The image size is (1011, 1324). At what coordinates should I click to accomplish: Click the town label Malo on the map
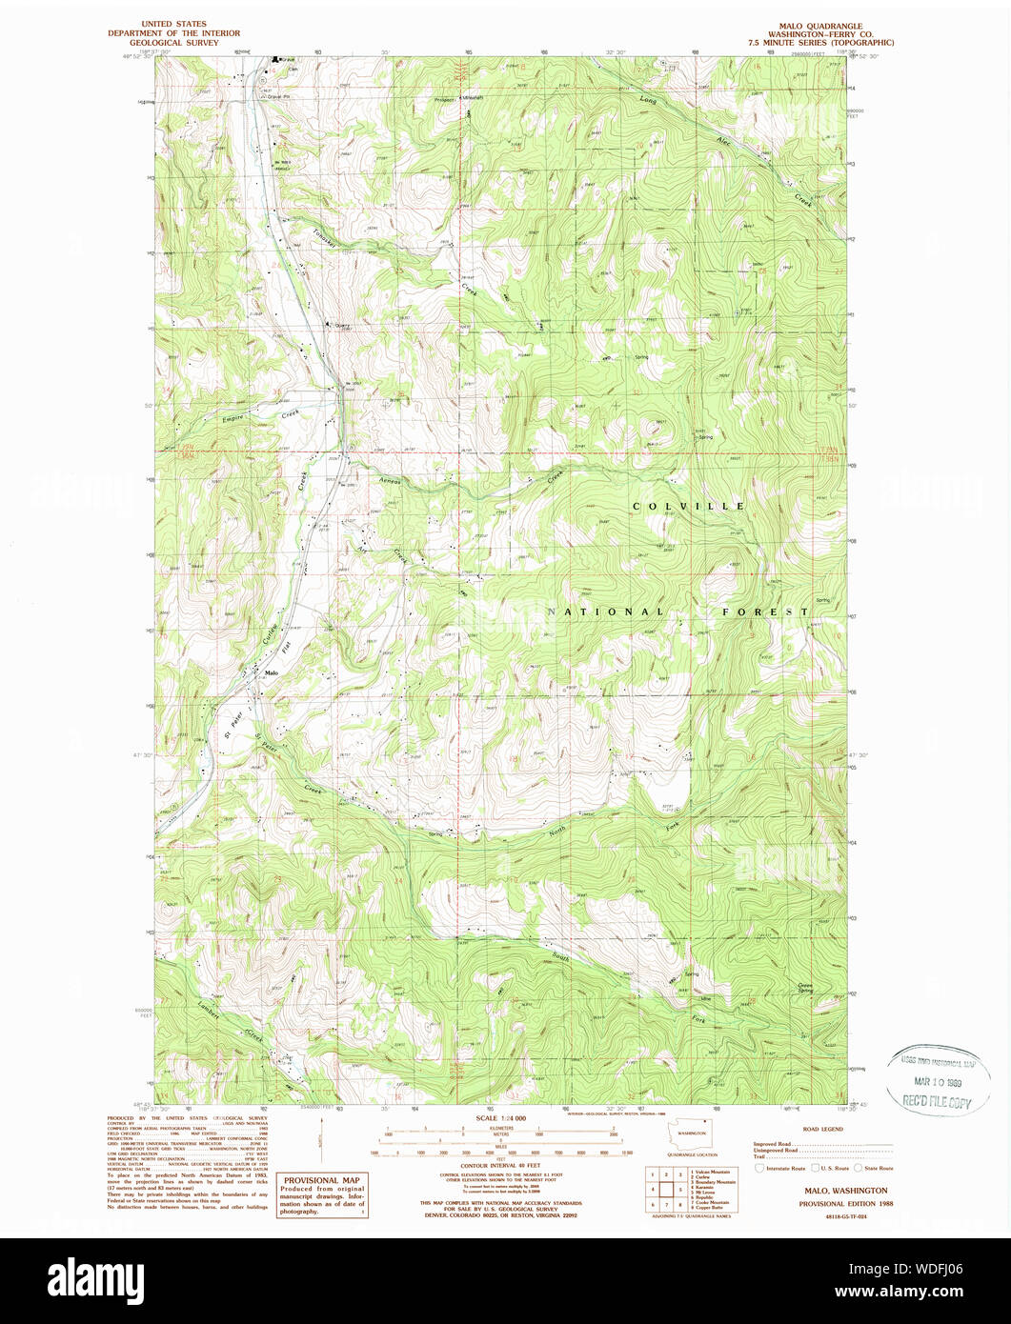click(273, 673)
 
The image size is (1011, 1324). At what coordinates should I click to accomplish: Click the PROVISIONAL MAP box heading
click(320, 1179)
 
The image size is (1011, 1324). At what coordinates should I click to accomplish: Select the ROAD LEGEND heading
click(821, 1128)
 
